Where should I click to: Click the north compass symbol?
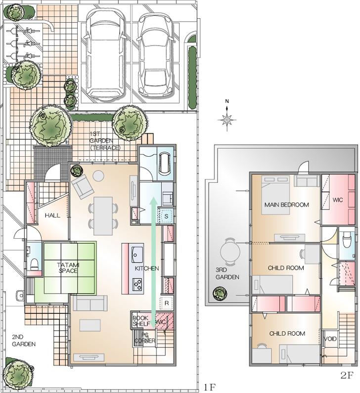point(227,119)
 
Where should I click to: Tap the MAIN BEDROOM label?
point(286,205)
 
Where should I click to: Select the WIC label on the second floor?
point(338,200)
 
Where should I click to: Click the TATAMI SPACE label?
point(69,268)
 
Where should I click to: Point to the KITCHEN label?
point(146,268)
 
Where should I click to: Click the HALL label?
point(52,216)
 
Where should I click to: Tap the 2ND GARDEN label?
point(23,341)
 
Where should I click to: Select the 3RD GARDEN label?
point(227,274)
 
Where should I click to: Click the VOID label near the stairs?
point(330,340)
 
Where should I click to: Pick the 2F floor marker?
point(347,375)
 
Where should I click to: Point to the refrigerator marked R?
point(167,303)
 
